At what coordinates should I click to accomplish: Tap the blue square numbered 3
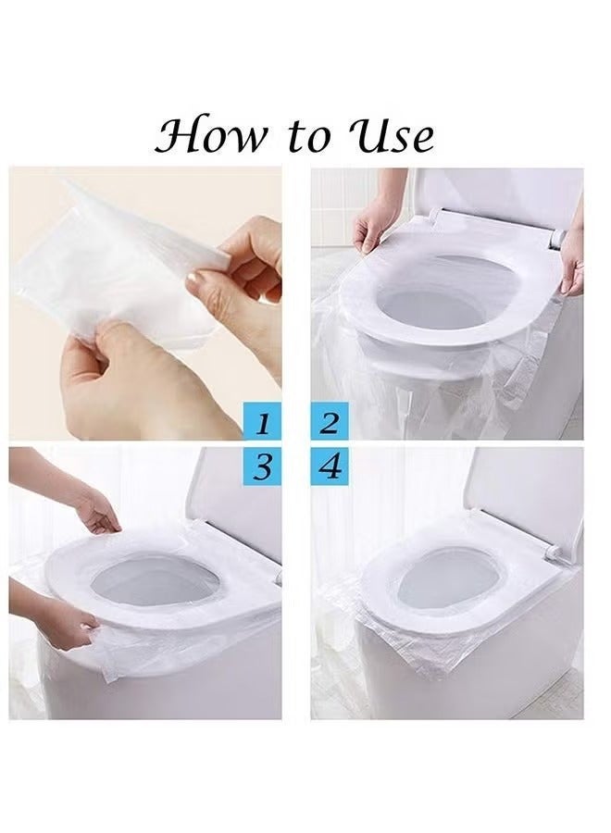pyautogui.click(x=263, y=466)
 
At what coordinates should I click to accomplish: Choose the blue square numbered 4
pyautogui.click(x=329, y=466)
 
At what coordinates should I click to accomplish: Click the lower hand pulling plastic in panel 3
pyautogui.click(x=65, y=625)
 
